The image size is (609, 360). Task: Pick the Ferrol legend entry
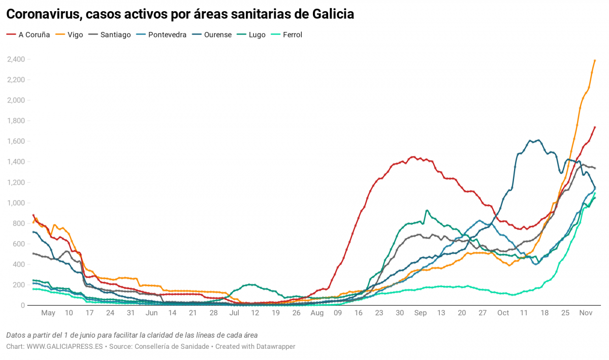[292, 35]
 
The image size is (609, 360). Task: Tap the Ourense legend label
[217, 35]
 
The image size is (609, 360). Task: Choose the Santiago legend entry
[115, 35]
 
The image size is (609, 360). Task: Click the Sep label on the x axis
[420, 313]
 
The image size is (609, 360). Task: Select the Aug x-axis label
[316, 313]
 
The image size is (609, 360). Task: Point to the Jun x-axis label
[151, 313]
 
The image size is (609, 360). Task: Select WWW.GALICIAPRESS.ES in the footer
[65, 346]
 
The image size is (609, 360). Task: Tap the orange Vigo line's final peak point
[595, 60]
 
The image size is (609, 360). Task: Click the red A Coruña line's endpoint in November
[595, 127]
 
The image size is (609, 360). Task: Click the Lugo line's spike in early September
[427, 210]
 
